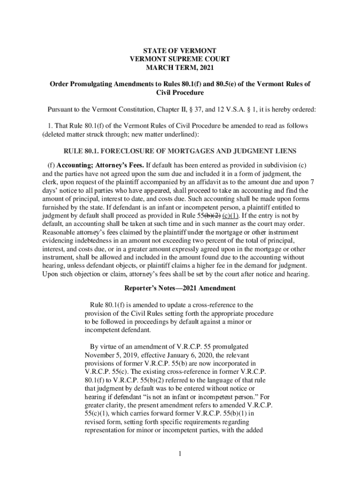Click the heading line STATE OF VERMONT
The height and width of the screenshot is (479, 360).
pos(180,50)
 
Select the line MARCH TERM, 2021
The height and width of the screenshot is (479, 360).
pos(180,68)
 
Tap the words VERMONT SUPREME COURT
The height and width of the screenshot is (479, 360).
pos(180,59)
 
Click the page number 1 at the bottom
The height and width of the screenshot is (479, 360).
pos(180,453)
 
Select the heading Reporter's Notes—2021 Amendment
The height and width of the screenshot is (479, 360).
pos(180,288)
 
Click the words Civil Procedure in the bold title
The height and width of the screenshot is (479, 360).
pos(180,93)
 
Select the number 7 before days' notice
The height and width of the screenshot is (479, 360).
pos(312,182)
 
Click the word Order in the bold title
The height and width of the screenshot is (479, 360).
pos(60,84)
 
